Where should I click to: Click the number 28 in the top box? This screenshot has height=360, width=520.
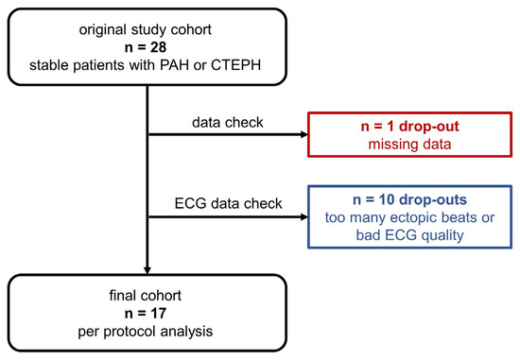coord(159,47)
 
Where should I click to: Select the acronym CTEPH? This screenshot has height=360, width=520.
coord(235,65)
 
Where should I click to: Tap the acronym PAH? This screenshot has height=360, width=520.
coord(174,65)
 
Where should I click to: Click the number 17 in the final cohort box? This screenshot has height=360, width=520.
coord(158,314)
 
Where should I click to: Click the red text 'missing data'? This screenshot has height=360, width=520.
coord(410,145)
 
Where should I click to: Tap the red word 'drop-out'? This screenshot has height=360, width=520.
coord(429,127)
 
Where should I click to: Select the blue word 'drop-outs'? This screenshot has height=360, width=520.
coord(433,199)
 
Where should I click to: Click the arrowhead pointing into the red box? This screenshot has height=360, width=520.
coord(304,134)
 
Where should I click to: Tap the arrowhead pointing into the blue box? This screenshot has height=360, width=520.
coord(304,217)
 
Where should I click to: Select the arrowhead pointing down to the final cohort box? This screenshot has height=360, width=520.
coord(147,270)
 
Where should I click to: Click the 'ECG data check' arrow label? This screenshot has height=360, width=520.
coord(228,203)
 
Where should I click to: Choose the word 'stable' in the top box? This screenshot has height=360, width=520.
coord(49,65)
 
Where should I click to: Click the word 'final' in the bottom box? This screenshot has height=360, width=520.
coord(121,296)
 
